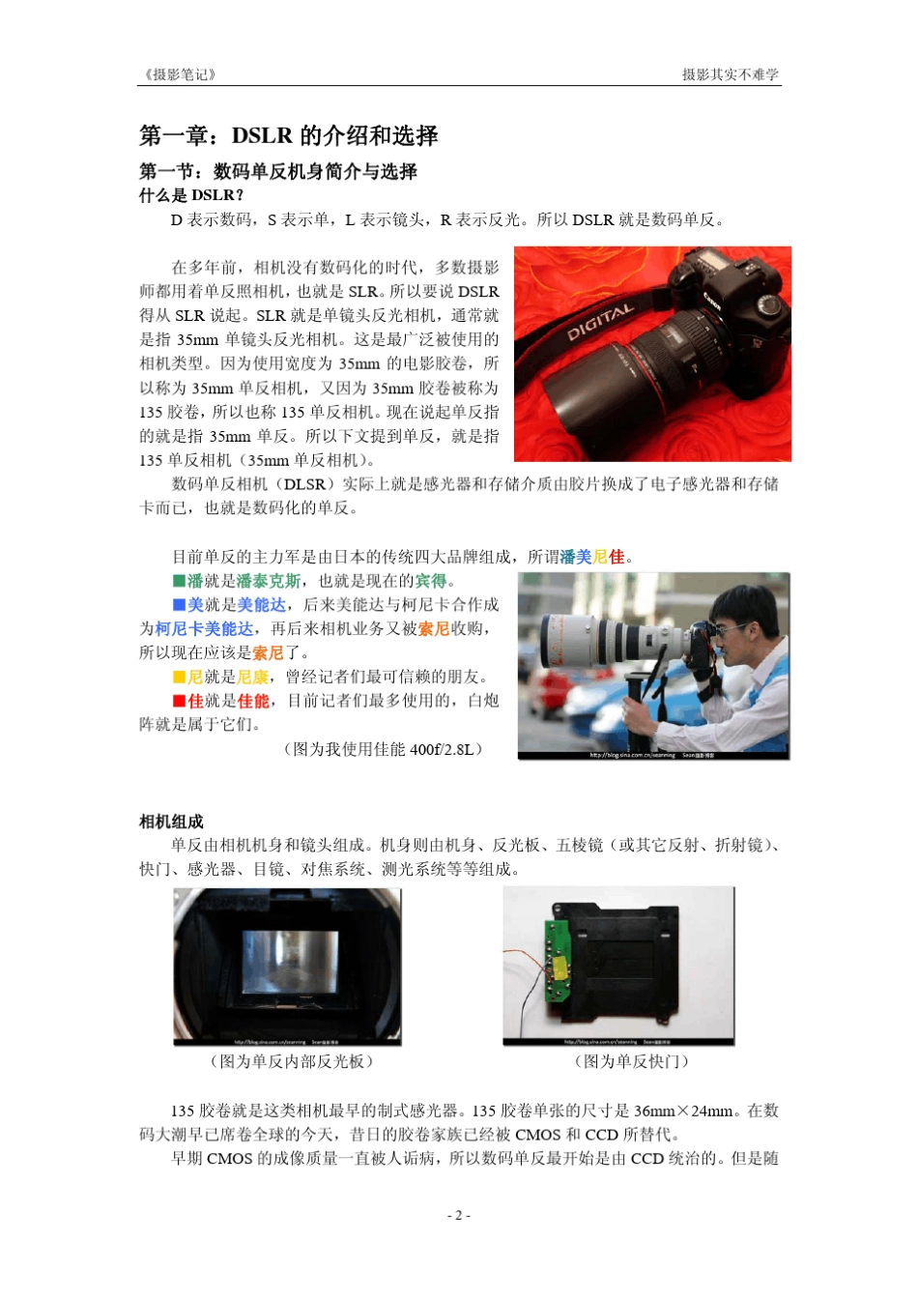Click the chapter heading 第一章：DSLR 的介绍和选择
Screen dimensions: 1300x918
[x=288, y=135]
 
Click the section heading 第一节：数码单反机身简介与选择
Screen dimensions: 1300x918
[x=278, y=172]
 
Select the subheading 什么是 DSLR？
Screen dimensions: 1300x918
[x=191, y=195]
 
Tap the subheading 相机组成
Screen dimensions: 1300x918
[x=171, y=822]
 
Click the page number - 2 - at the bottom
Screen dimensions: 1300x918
[x=458, y=1215]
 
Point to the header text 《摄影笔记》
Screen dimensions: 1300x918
[x=179, y=74]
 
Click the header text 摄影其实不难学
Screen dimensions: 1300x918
[x=731, y=74]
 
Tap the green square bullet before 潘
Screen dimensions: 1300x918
[x=179, y=581]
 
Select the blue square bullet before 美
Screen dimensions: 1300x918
[x=179, y=605]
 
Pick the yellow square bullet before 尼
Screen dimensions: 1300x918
[x=179, y=677]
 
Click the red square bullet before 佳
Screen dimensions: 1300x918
[x=179, y=701]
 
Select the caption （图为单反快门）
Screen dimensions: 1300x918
[x=632, y=1061]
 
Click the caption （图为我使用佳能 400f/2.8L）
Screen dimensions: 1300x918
[x=384, y=749]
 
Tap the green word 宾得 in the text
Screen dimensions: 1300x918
[x=431, y=581]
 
